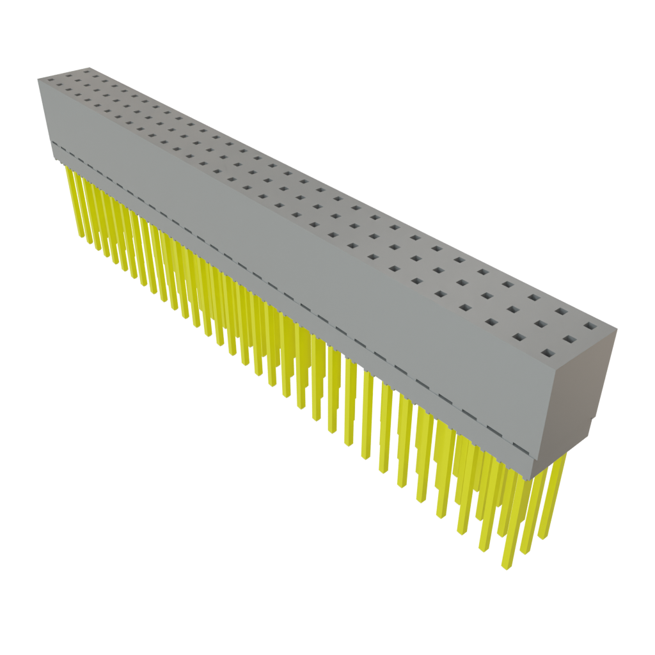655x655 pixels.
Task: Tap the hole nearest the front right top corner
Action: tap(548, 352)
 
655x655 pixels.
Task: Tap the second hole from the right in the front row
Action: tap(522, 335)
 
